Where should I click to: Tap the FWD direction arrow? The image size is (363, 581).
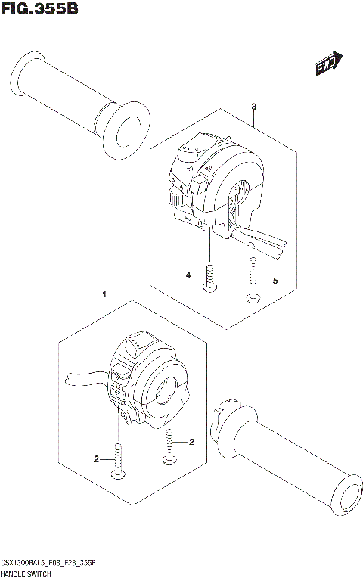[x=329, y=67]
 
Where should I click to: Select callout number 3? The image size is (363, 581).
[x=254, y=106]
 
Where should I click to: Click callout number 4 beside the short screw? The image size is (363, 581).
[x=189, y=278]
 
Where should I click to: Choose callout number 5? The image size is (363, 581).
[x=275, y=281]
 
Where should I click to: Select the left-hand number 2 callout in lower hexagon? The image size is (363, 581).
[x=96, y=458]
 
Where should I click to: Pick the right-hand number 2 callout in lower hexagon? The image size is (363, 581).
[x=192, y=441]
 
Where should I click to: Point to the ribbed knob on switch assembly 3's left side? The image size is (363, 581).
[x=176, y=199]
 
